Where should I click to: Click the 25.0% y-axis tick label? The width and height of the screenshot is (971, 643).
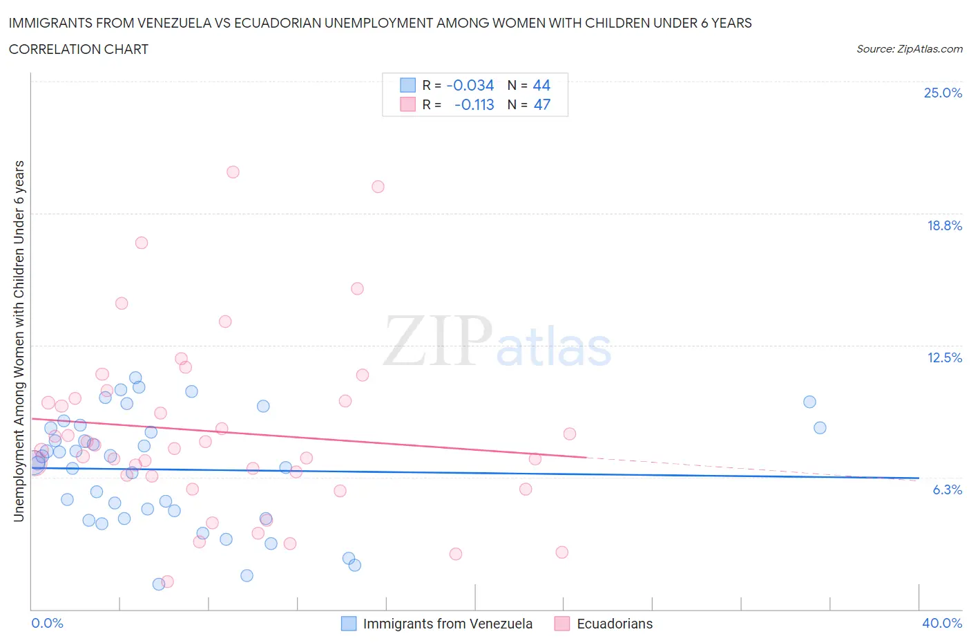coord(943,93)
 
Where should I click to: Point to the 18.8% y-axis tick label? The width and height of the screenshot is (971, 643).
coord(944,225)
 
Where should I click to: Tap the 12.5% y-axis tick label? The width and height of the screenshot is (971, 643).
coord(944,357)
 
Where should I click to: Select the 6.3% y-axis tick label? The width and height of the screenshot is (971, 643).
coord(947,490)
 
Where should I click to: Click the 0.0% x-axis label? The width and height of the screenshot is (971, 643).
coord(47,623)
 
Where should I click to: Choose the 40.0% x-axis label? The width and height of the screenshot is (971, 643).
coord(942,623)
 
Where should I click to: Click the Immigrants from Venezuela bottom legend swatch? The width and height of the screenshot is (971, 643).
coord(349,624)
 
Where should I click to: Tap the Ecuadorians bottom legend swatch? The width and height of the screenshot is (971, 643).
coord(562,624)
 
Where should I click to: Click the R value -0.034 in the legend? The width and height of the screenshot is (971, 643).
coord(470,85)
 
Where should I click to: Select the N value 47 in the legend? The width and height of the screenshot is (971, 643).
coord(542,104)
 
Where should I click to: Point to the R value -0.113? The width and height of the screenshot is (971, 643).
coord(474,104)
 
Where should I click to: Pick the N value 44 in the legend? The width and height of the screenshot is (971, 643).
coord(541,85)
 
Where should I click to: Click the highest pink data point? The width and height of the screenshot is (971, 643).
coord(233,172)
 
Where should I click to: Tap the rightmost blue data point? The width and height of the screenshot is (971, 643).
coord(820,427)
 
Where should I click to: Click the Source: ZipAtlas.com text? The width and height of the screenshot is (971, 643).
coord(909,48)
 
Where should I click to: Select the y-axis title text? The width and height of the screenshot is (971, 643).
coord(19,341)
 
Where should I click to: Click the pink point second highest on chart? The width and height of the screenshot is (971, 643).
coord(378,187)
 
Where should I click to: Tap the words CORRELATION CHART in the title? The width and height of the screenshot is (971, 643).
coord(78,49)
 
